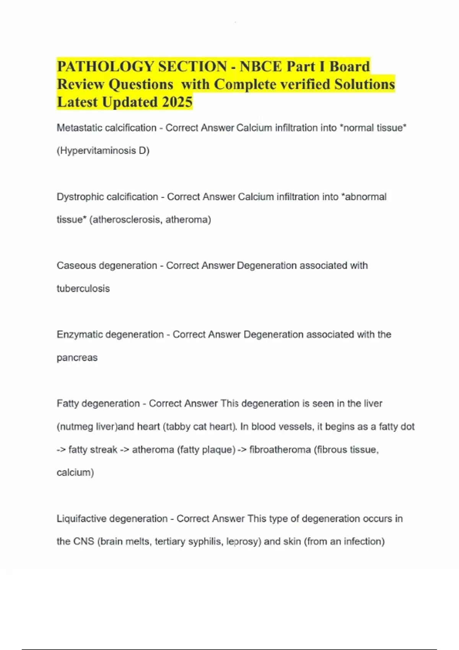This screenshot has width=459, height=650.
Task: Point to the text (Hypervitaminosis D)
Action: (x=103, y=151)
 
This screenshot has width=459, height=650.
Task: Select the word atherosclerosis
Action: (x=126, y=219)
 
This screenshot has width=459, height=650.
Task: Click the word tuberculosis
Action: (x=83, y=288)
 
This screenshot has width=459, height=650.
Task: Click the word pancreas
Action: (x=77, y=357)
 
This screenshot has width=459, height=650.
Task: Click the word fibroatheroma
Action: (x=280, y=449)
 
